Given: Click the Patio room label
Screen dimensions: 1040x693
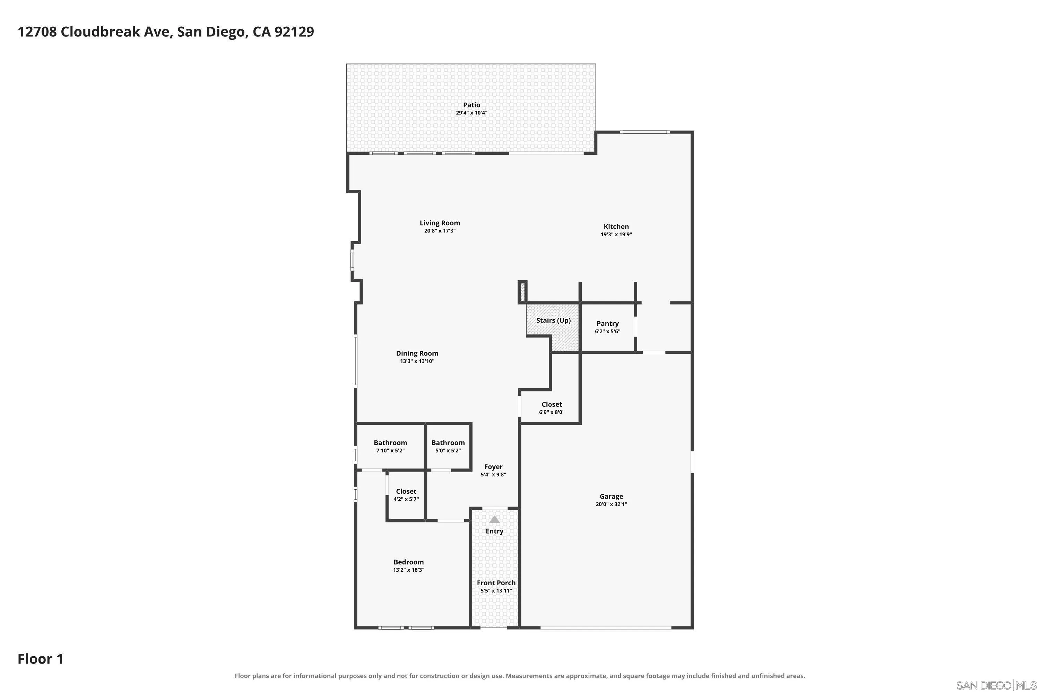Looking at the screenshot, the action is [x=471, y=105].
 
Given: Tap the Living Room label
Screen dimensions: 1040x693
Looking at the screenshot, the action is [x=440, y=223].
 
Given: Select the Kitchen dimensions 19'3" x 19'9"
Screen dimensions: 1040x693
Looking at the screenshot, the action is [x=616, y=235].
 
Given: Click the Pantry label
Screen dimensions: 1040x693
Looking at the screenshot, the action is [x=608, y=324].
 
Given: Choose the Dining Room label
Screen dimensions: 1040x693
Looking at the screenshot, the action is [x=417, y=353].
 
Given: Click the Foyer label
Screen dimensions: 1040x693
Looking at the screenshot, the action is [x=493, y=467].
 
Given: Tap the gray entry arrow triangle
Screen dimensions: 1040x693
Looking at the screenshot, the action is [x=494, y=519].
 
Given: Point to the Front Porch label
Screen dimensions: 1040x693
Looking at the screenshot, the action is [x=496, y=583].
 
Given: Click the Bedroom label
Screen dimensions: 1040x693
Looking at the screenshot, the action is [x=409, y=562].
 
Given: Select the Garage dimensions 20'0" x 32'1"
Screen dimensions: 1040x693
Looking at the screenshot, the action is [x=611, y=504].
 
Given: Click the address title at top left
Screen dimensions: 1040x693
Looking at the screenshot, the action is [x=166, y=32].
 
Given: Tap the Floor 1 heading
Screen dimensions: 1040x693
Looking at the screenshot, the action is [x=41, y=659].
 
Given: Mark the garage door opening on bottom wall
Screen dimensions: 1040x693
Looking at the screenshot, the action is [x=606, y=628].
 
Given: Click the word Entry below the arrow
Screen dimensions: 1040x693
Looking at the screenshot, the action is [x=494, y=531].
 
